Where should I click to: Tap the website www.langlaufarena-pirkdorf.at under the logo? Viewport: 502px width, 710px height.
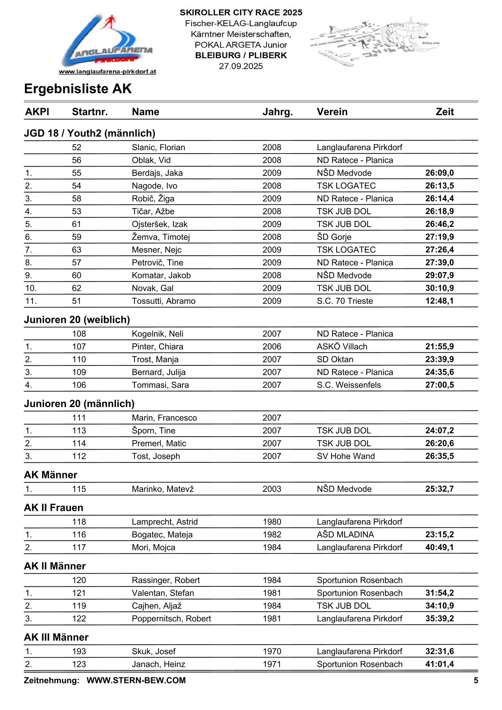(x=107, y=72)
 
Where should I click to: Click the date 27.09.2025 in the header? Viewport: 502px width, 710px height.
(x=241, y=66)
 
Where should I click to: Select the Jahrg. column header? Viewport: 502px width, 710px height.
(x=277, y=112)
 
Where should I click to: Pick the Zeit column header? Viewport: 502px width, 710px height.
(x=445, y=112)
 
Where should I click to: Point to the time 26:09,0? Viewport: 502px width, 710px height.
(x=439, y=173)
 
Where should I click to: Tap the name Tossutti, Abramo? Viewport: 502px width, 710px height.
(x=163, y=301)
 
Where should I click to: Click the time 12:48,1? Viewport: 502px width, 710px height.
(x=439, y=301)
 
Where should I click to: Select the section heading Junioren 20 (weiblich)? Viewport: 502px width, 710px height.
(x=77, y=320)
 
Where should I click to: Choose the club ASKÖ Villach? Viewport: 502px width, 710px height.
(x=342, y=347)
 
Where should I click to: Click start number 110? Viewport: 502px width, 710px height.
(x=79, y=359)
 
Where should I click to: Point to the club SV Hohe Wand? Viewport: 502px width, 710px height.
(x=345, y=456)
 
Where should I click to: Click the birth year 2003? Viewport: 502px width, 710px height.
(x=272, y=489)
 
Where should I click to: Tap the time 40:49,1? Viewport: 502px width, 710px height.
(x=439, y=548)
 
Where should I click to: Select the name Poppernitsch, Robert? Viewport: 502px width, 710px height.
(x=171, y=619)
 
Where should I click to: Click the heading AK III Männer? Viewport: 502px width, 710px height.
(x=56, y=637)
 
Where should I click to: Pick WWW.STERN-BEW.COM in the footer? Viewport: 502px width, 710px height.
(x=136, y=680)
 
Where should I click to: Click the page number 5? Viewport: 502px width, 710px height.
(x=476, y=680)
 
